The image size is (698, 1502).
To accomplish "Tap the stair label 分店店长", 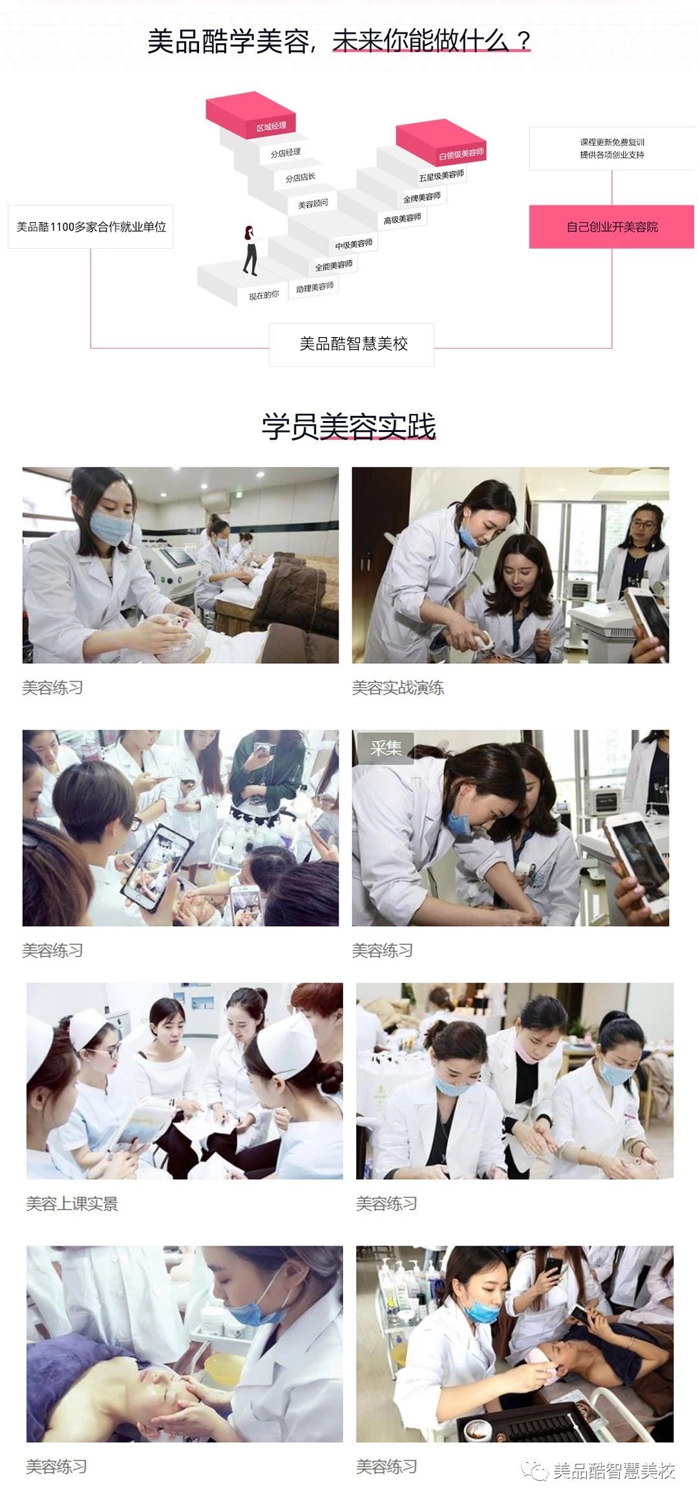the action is coord(301,178).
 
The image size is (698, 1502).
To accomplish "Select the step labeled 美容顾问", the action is coord(313,204).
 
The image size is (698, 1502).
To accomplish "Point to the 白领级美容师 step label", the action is coord(461,154).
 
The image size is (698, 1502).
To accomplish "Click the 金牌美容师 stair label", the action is coord(422,197).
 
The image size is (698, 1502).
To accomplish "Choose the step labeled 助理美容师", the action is coord(315,287).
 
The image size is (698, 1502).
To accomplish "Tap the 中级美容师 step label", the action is coord(354,244).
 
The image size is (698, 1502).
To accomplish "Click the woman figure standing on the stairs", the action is coord(250,250).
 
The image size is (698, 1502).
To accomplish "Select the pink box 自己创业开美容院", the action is coord(611,227).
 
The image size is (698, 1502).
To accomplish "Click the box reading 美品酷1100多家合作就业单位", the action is coord(90,227).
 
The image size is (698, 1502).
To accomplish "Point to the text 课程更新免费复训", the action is coord(612,142).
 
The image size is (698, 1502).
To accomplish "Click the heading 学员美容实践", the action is coord(348,427).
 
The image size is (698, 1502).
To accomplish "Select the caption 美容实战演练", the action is coord(398,688).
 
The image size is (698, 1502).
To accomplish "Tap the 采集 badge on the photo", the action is coord(386,748).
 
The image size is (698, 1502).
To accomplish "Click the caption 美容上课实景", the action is coord(72,1204).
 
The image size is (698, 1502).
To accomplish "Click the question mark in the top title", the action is coord(523,41).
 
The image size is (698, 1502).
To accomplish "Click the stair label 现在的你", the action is coord(264,295).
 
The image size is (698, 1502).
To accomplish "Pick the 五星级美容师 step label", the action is coord(441,176).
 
